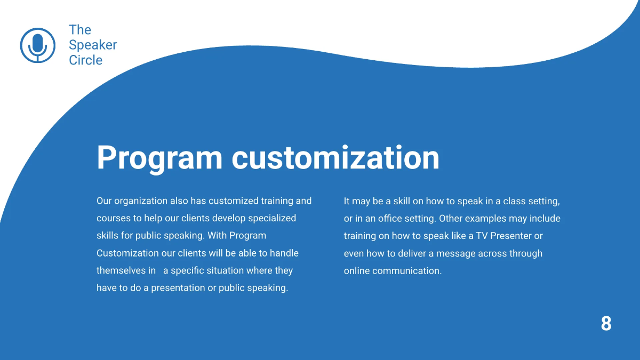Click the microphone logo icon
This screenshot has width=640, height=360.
tap(37, 45)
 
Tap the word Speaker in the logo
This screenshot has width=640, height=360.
tap(93, 45)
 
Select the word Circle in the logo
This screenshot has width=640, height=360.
tap(85, 60)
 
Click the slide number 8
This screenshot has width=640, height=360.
tap(606, 324)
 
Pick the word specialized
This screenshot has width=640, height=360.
tap(271, 218)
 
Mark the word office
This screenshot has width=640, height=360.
tap(392, 219)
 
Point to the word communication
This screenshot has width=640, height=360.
tap(407, 270)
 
